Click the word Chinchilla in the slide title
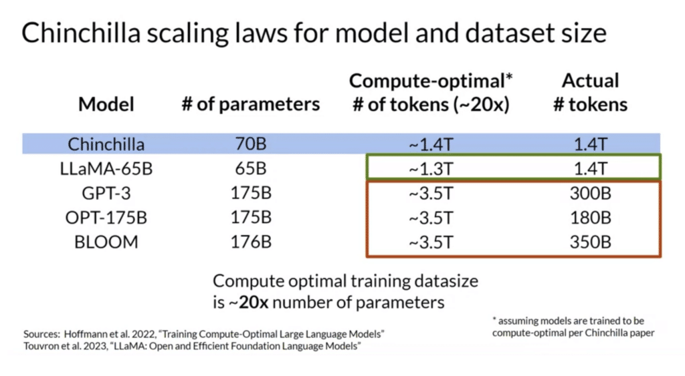81,33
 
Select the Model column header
106,104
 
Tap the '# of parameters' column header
251,104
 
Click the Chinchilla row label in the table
106,144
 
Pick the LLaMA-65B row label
106,169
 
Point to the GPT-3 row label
106,193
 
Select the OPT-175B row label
106,217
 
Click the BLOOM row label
106,242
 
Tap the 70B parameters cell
251,144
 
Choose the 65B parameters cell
251,169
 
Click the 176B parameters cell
251,242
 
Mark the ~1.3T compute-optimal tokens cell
431,169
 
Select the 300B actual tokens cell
590,193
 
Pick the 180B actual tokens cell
590,217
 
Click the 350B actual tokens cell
590,242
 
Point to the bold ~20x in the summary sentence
248,303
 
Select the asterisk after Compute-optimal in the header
509,77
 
